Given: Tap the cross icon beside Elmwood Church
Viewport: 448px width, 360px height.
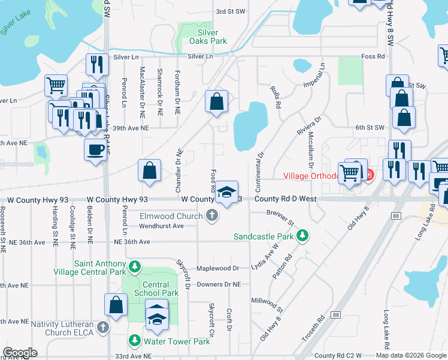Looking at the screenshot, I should pyautogui.click(x=211, y=215).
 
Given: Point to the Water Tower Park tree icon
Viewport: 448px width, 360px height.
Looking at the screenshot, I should pyautogui.click(x=136, y=341).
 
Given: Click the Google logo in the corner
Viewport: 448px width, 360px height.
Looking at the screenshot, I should pyautogui.click(x=20, y=353).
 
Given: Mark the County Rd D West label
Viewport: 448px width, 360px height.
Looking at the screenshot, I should pyautogui.click(x=285, y=199).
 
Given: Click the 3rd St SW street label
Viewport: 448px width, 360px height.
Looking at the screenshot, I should pyautogui.click(x=231, y=11).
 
